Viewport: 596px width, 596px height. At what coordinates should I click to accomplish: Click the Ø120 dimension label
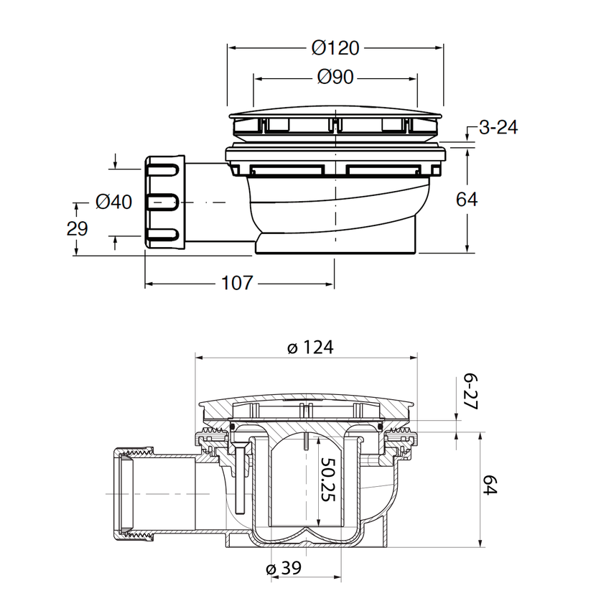click(x=335, y=48)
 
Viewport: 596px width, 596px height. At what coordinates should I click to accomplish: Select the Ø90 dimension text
click(x=335, y=77)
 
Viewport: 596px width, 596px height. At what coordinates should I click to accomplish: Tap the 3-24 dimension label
click(x=498, y=128)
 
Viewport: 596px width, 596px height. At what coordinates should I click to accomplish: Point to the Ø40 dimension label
click(x=113, y=202)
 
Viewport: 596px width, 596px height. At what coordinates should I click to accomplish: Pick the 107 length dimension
click(x=236, y=284)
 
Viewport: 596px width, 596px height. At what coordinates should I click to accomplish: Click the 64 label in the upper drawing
click(x=467, y=199)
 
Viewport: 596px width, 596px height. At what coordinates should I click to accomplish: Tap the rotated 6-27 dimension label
click(x=472, y=391)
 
